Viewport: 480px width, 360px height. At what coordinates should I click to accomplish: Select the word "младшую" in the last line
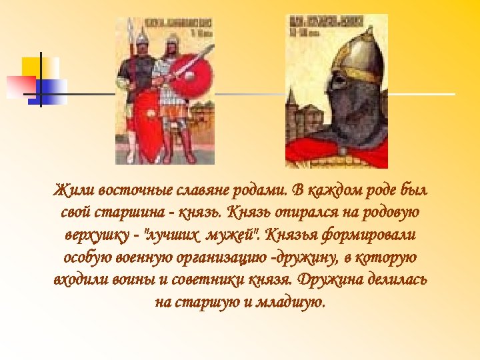point(291,301)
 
